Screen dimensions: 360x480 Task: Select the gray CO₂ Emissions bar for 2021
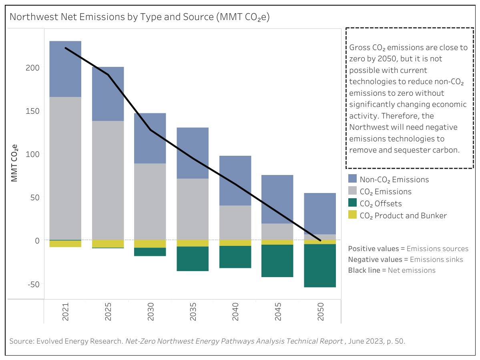point(65,168)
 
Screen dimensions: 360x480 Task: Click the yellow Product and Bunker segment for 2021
point(65,243)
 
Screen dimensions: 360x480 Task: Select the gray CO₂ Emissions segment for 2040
point(235,223)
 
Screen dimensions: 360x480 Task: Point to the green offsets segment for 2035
point(193,259)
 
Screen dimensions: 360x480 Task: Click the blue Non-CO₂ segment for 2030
point(150,138)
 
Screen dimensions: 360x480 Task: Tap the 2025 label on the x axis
point(108,310)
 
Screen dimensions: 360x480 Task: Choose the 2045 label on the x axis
point(277,310)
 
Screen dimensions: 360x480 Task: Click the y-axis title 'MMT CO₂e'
point(14,163)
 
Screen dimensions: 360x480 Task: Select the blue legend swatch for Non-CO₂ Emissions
point(352,179)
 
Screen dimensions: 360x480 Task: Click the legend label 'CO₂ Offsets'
point(381,203)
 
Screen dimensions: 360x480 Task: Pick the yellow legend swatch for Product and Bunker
point(352,215)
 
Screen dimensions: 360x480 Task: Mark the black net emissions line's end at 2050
point(320,240)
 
